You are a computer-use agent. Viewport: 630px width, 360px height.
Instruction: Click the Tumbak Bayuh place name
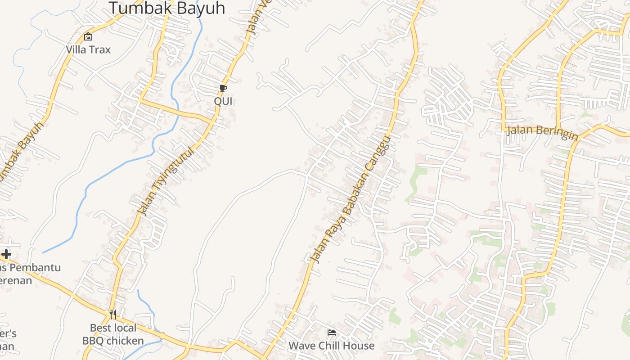point(166,8)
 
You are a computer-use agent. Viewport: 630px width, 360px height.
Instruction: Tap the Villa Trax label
point(88,49)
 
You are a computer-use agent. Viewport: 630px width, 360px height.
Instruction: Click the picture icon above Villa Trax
point(88,36)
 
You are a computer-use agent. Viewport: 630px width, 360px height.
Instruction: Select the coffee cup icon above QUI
point(223,88)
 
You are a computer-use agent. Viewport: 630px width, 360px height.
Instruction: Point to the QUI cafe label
point(223,101)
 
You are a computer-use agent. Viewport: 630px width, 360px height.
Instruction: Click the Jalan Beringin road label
point(542,132)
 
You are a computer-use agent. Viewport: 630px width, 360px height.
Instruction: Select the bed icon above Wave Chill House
point(332,333)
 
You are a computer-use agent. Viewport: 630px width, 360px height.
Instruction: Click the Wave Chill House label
point(332,346)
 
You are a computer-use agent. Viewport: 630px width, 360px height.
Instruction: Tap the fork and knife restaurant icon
point(113,314)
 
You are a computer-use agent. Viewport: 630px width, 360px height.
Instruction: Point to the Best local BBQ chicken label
point(113,334)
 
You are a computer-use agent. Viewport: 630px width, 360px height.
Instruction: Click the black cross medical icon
point(6,254)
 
